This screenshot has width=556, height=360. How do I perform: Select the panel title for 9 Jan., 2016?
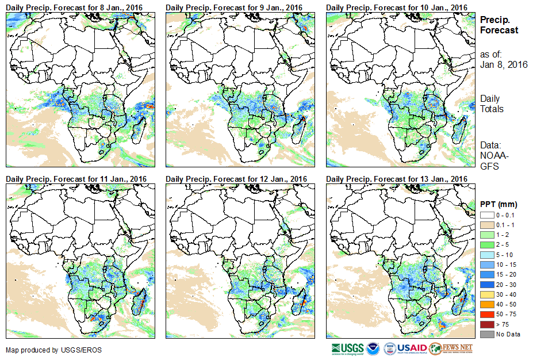click(234, 7)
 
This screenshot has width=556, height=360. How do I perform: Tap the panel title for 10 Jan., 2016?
click(397, 7)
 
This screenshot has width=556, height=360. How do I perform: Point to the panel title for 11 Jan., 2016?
click(76, 179)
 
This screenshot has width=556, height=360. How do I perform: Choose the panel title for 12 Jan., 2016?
click(236, 179)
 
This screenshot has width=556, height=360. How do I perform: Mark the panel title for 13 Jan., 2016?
click(397, 179)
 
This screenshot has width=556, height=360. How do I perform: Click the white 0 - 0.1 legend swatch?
click(486, 215)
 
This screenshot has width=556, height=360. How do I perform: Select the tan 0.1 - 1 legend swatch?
click(486, 224)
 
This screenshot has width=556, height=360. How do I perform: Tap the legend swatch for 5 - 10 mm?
click(486, 254)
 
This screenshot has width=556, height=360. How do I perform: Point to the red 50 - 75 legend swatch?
click(486, 314)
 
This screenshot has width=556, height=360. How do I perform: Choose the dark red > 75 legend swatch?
click(486, 324)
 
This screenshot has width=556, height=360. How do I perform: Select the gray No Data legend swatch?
click(486, 334)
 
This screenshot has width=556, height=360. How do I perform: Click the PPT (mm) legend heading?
click(499, 204)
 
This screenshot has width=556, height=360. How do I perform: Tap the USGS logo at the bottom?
click(347, 348)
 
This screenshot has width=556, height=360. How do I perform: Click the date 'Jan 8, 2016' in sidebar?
click(504, 64)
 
